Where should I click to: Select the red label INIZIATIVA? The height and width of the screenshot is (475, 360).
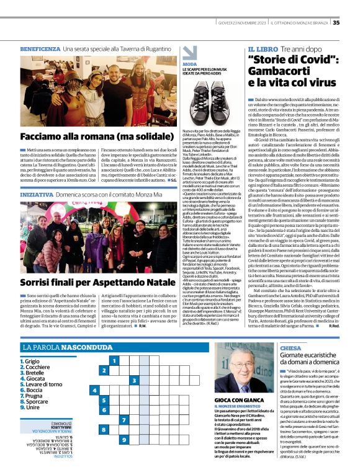[37, 194]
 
